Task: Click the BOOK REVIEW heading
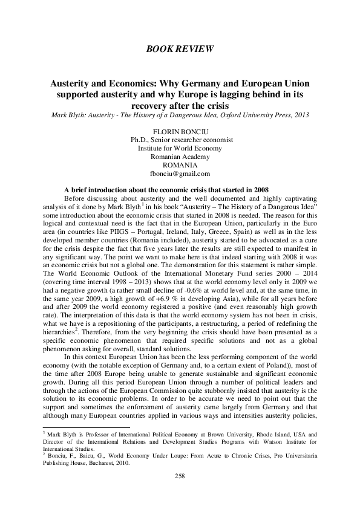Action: tap(180, 48)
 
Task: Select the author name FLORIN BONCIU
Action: tap(180, 131)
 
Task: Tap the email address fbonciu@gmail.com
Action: tap(180, 173)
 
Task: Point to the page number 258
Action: tap(180, 476)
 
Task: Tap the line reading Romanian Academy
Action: tap(180, 156)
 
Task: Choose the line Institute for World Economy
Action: tap(180, 148)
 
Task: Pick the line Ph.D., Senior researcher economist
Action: tap(180, 139)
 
